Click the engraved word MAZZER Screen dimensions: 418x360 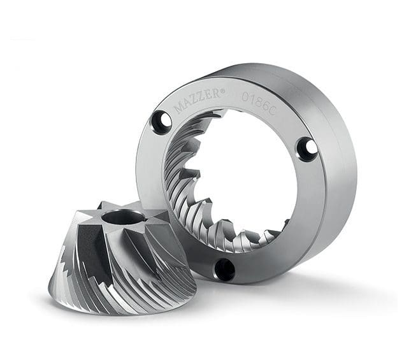point(198,100)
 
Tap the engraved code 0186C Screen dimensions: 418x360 point(257,103)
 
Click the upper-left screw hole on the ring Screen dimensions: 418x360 point(162,120)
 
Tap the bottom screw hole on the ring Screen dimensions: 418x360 point(224,268)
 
